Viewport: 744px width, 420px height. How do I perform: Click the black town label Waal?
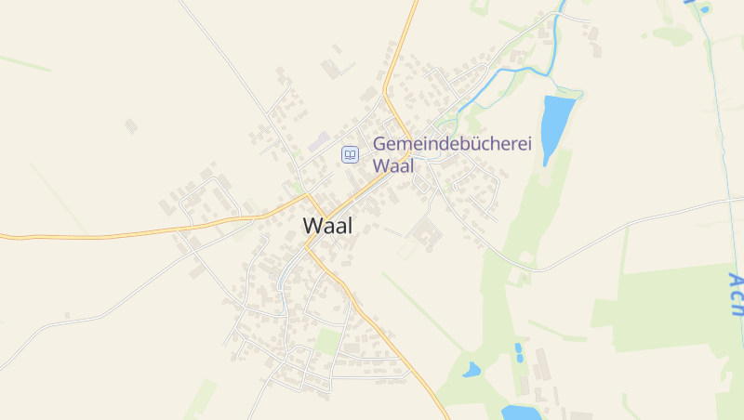point(327,226)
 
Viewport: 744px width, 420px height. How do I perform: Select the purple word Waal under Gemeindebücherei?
point(392,166)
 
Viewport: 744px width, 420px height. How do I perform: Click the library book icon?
point(350,154)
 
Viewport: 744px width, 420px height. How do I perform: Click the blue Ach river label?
point(736,295)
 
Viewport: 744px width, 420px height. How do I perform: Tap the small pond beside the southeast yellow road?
point(472,370)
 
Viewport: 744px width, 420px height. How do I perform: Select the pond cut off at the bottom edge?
point(519,412)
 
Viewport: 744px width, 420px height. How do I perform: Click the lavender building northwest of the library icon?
point(320,141)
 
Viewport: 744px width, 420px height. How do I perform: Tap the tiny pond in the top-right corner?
point(705,9)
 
